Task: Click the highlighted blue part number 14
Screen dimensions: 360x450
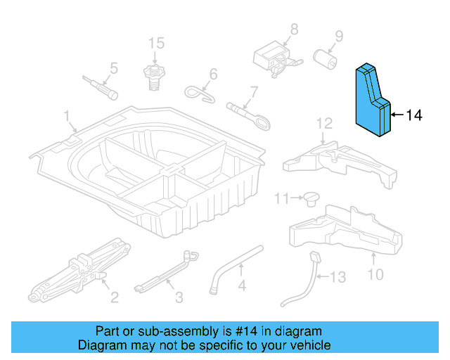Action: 373,102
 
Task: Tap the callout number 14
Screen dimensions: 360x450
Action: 414,115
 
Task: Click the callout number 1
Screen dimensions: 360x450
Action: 67,115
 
